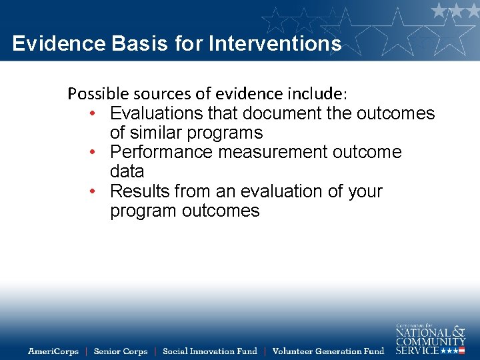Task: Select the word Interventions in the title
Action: click(275, 44)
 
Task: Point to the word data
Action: click(127, 171)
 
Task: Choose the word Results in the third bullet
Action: click(139, 191)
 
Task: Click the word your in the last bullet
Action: click(363, 191)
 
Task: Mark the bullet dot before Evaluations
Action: click(97, 114)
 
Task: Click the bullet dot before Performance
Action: click(97, 153)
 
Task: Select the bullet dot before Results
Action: click(97, 192)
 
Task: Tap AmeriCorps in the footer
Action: click(53, 351)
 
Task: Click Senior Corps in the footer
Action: click(121, 351)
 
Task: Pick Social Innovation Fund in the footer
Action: click(209, 351)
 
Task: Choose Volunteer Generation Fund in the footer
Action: click(329, 351)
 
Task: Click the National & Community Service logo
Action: click(430, 339)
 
